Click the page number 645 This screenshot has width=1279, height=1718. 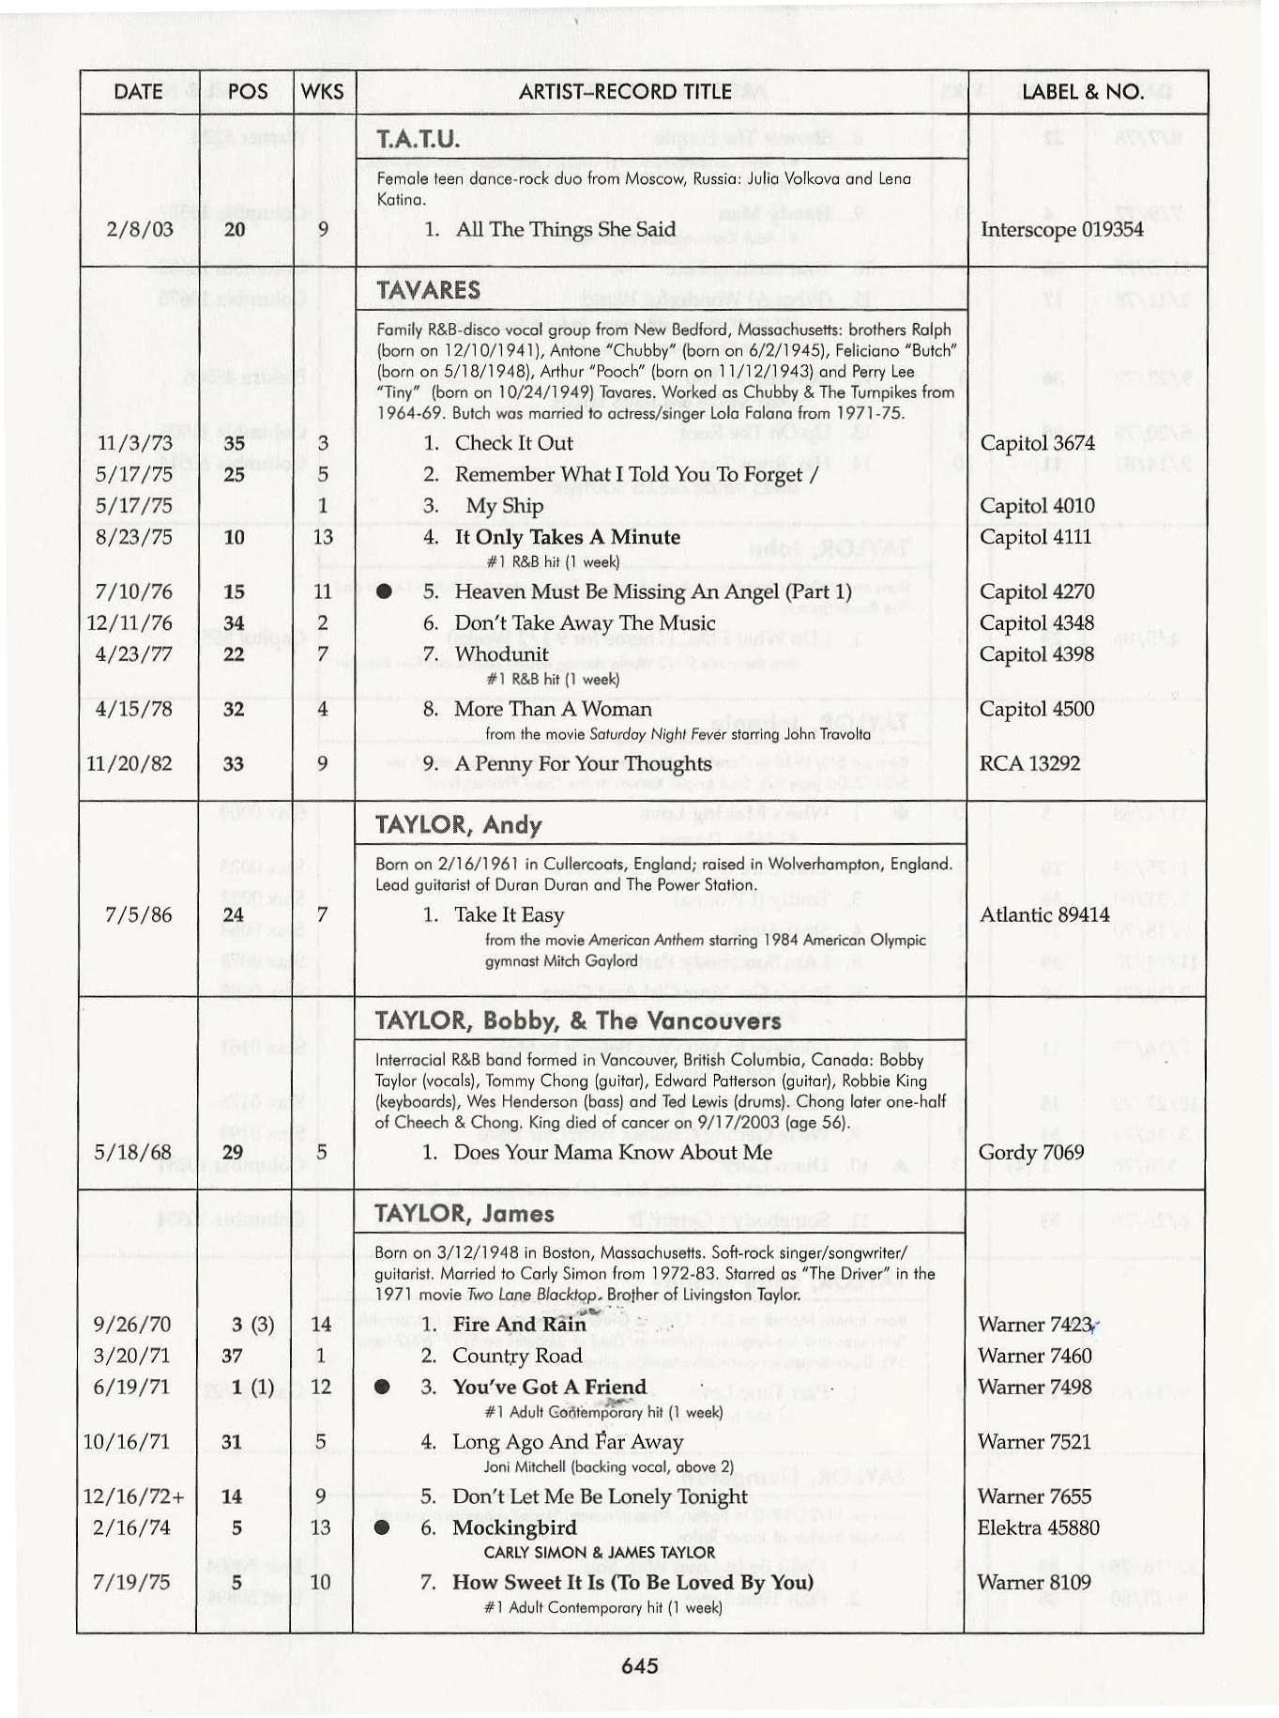pos(639,1665)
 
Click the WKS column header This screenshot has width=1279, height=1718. pos(323,92)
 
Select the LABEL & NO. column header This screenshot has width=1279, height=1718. pos(1082,92)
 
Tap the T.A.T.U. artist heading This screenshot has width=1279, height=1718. pos(418,140)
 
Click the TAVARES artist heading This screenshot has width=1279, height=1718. pos(428,289)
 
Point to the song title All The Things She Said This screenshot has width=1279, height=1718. pos(565,229)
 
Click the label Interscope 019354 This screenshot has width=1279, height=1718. pos(1061,229)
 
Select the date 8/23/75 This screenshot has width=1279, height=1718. pos(134,537)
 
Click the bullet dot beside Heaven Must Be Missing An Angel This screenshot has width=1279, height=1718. pos(384,591)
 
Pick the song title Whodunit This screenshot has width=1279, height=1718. pos(501,653)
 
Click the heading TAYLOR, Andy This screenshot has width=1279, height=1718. pos(458,824)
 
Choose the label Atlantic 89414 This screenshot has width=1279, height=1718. pos(1044,914)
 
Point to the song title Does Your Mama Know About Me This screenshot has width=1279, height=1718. pos(613,1152)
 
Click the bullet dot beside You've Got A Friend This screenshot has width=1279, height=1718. pos(382,1387)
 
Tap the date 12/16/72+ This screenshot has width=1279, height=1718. pos(133,1496)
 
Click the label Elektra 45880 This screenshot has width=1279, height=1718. pos(1038,1527)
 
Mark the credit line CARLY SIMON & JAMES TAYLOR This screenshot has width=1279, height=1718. pos(599,1552)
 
